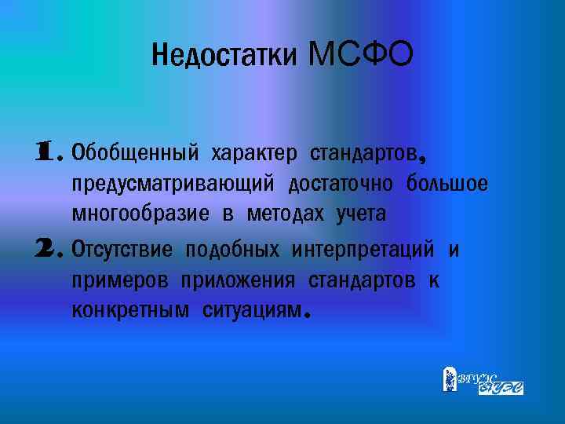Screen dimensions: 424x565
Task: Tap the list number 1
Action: (x=45, y=150)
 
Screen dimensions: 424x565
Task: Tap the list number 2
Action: (x=45, y=249)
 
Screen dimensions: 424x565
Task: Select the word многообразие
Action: (x=140, y=214)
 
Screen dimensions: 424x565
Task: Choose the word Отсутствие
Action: (x=122, y=250)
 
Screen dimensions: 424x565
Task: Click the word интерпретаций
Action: (x=363, y=250)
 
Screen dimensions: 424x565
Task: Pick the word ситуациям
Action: (x=252, y=311)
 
